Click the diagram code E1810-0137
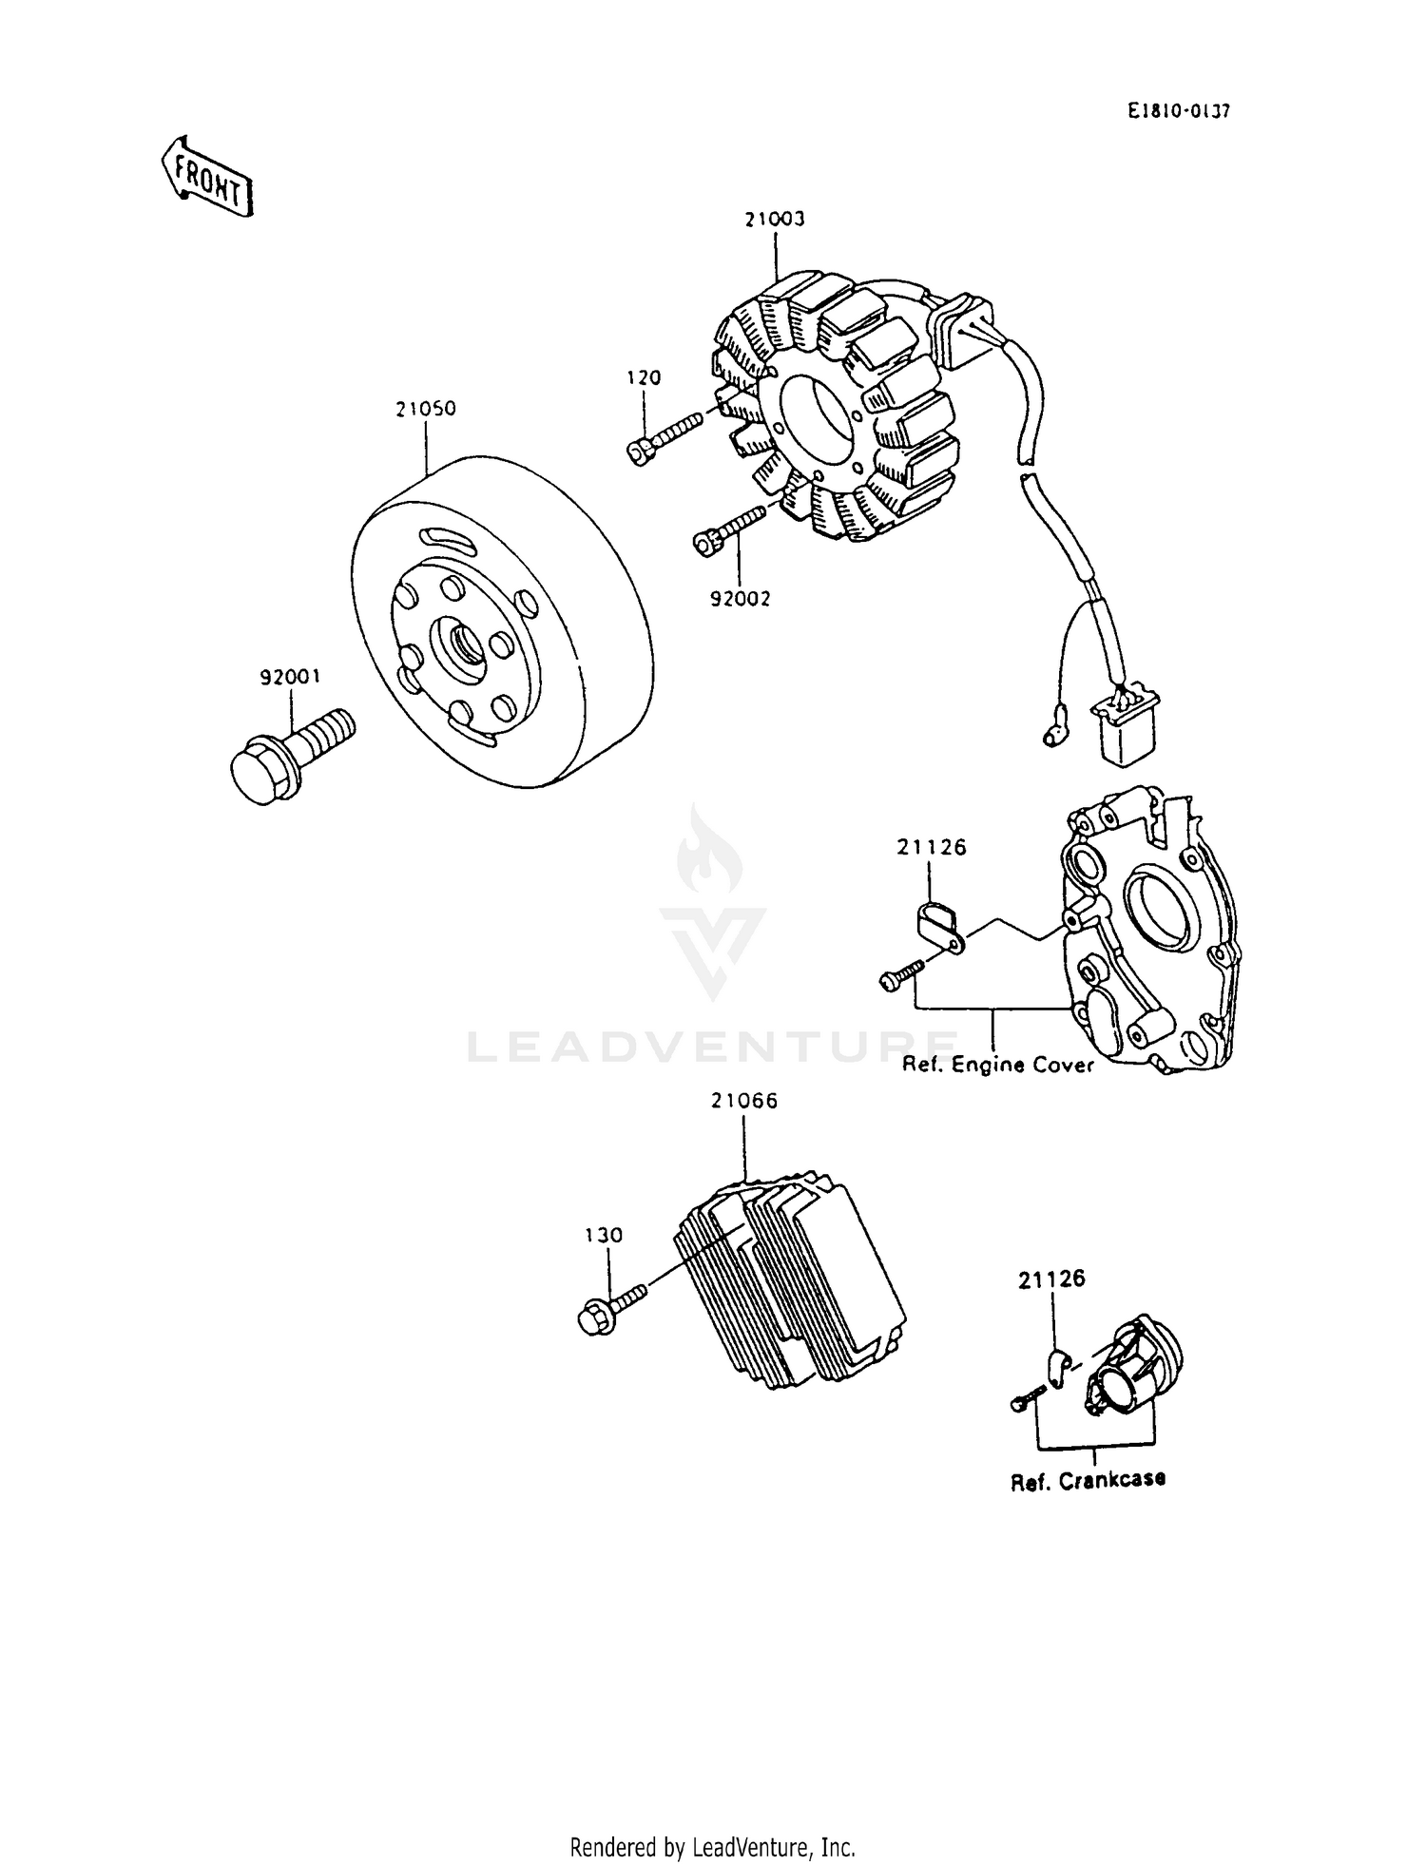coord(1179,111)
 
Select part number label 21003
coord(775,219)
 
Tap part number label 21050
coord(426,409)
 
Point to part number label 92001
coord(291,677)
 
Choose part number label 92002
coord(740,599)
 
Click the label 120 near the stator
coord(644,377)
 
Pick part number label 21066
coord(743,1101)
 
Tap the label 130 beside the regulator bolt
coord(604,1235)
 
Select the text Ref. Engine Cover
coord(997,1065)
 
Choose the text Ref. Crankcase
coord(1088,1480)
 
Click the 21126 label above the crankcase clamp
coord(1050,1279)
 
